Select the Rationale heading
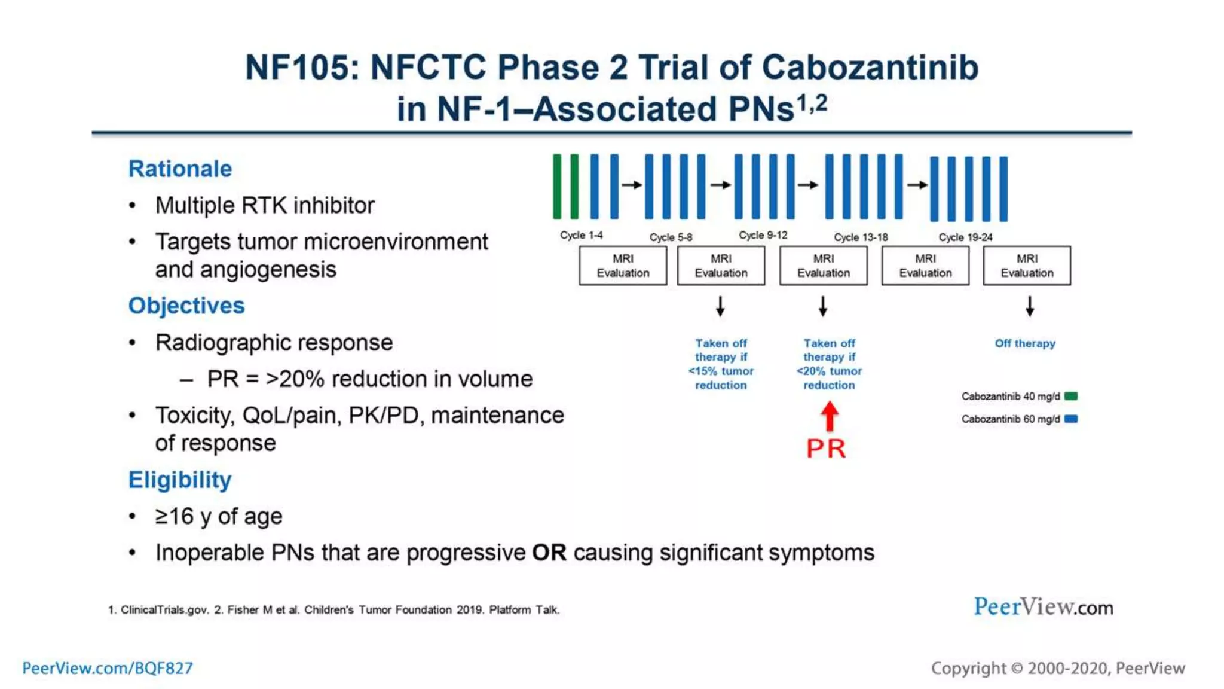point(180,169)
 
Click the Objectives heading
point(186,306)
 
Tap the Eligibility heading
point(180,480)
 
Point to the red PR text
point(826,449)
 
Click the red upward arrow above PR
point(829,416)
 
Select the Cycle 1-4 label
point(581,236)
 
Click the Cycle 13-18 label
point(861,237)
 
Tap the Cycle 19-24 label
point(965,237)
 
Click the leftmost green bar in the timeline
point(557,187)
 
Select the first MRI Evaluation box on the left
point(623,266)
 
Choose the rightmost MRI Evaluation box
point(1027,266)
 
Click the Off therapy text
point(1025,343)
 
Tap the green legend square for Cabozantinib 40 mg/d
point(1071,396)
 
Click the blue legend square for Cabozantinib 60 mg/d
point(1071,419)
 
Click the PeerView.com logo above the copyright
point(1043,607)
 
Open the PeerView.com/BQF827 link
point(108,668)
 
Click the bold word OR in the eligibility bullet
point(549,553)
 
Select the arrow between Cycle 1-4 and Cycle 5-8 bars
point(632,185)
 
